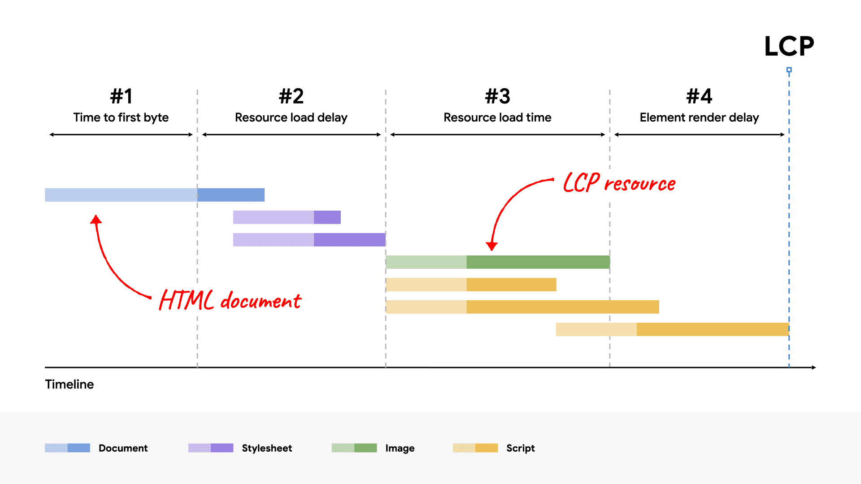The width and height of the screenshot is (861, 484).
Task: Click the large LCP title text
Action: tap(789, 46)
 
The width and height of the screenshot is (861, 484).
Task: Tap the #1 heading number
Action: tap(121, 96)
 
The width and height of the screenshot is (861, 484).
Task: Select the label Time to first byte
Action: tap(121, 117)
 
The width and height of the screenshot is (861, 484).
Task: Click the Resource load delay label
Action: tap(291, 117)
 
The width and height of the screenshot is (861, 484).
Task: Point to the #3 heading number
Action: tap(497, 96)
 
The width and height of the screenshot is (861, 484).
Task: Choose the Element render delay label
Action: tap(699, 117)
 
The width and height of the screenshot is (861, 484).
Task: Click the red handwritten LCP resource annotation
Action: tap(619, 183)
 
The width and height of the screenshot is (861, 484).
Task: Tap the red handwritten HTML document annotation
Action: tap(230, 300)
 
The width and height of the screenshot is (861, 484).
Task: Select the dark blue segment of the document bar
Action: tap(231, 195)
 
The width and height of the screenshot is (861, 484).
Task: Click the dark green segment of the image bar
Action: tap(538, 262)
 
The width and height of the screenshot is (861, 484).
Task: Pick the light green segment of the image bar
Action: tap(426, 262)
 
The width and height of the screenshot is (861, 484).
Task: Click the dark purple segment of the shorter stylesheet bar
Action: tap(327, 217)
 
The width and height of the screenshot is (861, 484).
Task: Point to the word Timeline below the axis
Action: tap(70, 385)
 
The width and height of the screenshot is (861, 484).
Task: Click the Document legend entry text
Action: tap(123, 448)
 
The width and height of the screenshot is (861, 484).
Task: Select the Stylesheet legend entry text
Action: tap(267, 448)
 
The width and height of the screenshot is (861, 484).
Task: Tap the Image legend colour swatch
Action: tap(354, 448)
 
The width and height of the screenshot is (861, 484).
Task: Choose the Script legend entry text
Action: tap(520, 448)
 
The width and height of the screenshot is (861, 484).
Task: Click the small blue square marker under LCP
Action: tap(789, 70)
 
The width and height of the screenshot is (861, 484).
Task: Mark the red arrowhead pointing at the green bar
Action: tap(491, 246)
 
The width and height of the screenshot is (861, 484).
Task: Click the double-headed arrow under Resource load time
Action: tap(497, 134)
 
